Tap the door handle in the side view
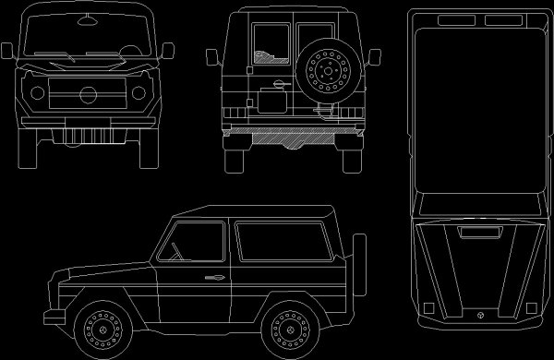pyautogui.click(x=211, y=277)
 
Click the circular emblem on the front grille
pyautogui.click(x=88, y=94)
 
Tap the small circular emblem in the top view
pyautogui.click(x=480, y=315)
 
